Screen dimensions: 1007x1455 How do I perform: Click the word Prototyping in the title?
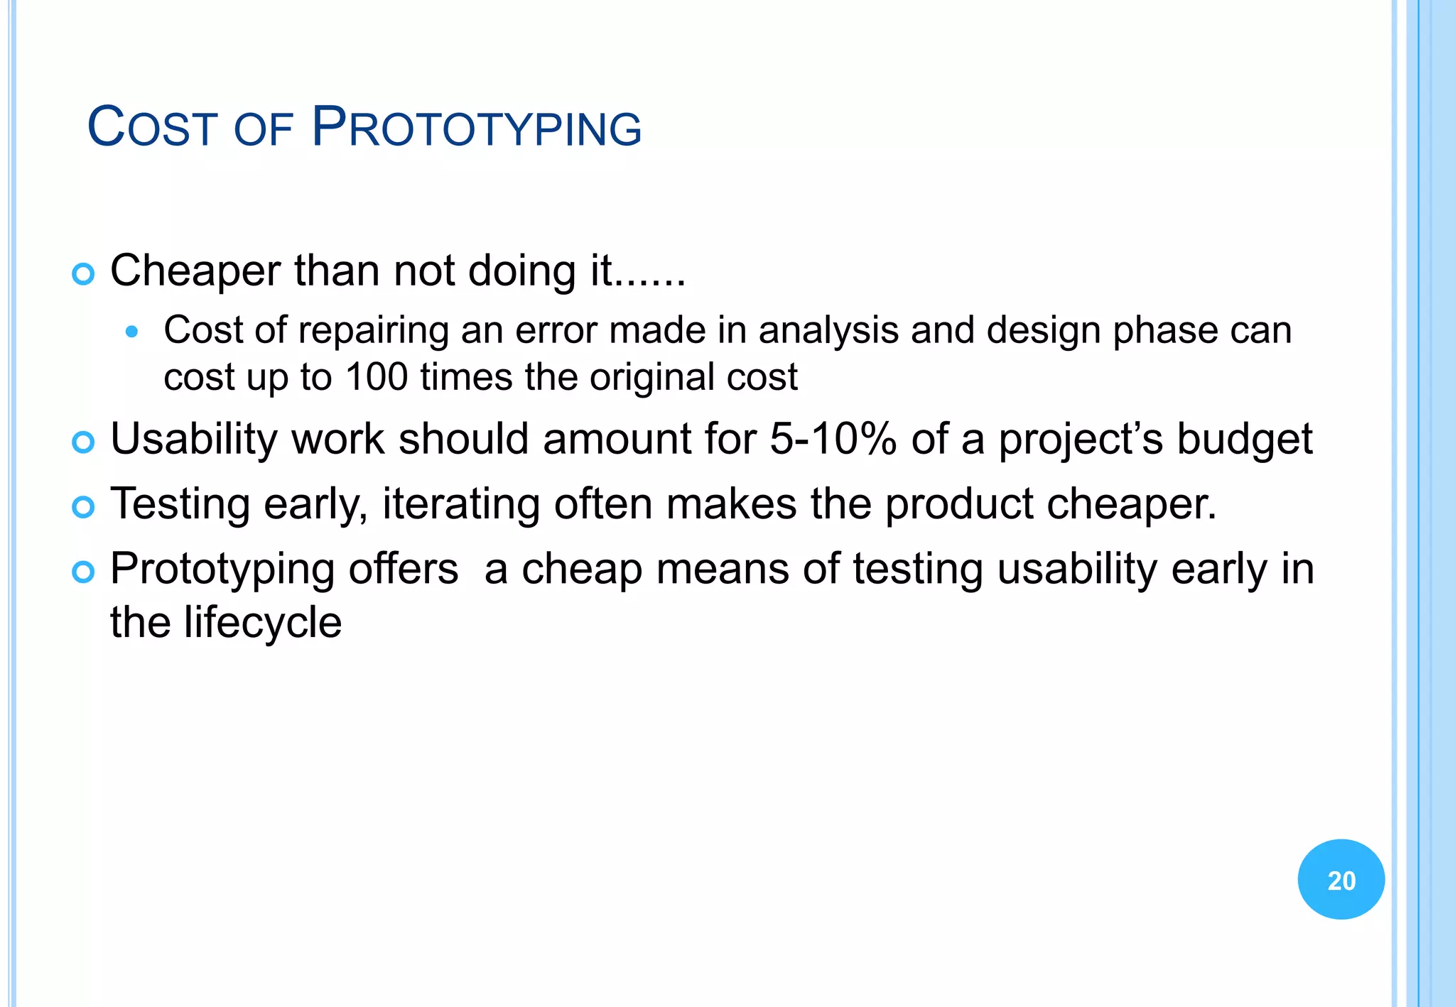click(477, 128)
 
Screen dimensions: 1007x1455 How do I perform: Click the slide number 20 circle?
click(1341, 879)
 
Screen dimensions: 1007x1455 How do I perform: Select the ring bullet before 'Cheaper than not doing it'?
click(83, 274)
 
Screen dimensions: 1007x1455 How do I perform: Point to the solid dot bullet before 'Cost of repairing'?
click(131, 331)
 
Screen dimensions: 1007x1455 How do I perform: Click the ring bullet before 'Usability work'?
click(83, 442)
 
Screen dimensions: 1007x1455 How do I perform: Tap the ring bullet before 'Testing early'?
click(83, 507)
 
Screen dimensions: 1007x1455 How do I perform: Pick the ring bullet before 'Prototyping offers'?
click(83, 572)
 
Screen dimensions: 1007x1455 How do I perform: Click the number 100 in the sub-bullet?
click(376, 376)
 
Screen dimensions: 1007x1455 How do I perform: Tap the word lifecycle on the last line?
click(262, 622)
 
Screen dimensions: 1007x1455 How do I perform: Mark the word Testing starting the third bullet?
click(180, 504)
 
